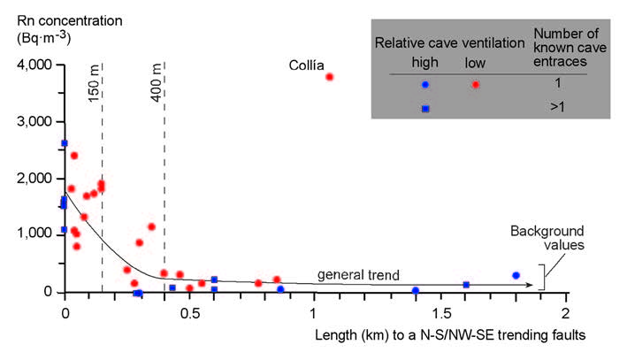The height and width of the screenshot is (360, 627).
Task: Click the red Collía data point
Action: pos(329,77)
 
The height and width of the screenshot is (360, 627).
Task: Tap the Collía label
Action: pos(306,65)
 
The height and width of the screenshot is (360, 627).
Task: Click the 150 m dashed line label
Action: pos(94,83)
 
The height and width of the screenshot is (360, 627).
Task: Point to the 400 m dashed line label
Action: pos(157,83)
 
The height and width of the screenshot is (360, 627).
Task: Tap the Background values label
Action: pos(536,237)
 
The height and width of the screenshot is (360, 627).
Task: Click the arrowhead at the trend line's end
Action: pos(534,285)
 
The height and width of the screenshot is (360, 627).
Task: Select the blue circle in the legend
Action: pos(425,85)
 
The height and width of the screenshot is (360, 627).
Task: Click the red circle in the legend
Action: pos(477,85)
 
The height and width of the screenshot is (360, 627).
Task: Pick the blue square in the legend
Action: pos(425,108)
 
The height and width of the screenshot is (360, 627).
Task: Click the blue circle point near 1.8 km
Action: pos(516,276)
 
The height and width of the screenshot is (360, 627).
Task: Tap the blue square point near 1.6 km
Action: pos(466,285)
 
